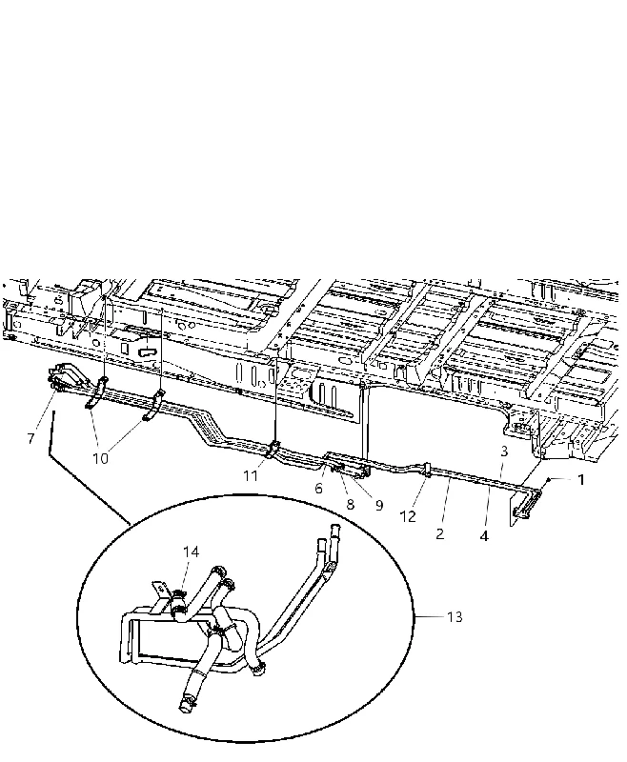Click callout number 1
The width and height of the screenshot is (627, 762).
[x=580, y=480]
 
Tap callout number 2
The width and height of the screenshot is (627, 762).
[x=440, y=534]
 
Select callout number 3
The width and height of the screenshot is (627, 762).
[x=504, y=451]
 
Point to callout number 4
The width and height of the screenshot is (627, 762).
[x=484, y=536]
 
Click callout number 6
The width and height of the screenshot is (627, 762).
[x=318, y=489]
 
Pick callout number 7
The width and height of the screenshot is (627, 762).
[x=31, y=439]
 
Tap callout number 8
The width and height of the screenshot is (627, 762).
[x=351, y=505]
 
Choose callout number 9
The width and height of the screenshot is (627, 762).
[x=379, y=506]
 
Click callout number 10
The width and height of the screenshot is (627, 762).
[x=100, y=459]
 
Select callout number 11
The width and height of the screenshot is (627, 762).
[x=251, y=475]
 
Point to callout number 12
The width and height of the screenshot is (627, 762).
[x=408, y=516]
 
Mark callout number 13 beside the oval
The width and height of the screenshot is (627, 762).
[x=455, y=616]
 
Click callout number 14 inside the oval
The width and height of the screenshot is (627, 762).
[x=191, y=551]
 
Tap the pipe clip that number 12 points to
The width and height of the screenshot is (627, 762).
[x=427, y=469]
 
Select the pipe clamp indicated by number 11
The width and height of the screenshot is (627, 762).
[x=273, y=449]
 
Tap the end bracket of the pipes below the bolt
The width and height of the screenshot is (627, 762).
[x=525, y=506]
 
